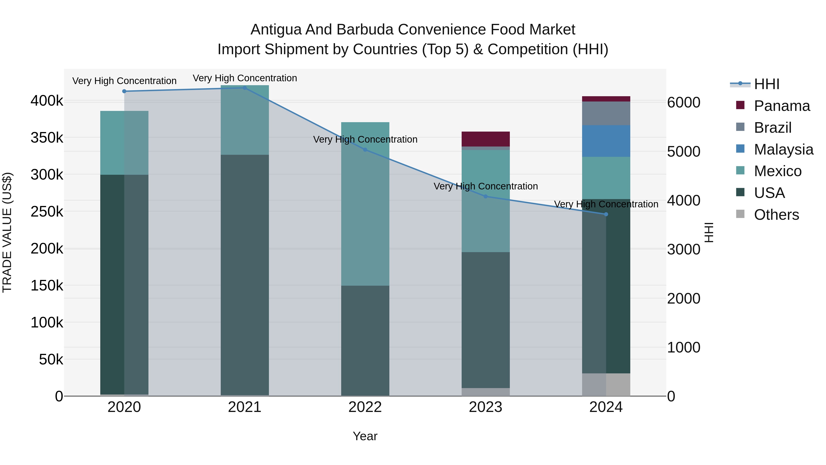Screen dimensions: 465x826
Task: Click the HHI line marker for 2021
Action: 245,88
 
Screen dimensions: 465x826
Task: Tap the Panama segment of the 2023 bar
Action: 486,139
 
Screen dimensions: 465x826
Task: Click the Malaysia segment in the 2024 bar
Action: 606,141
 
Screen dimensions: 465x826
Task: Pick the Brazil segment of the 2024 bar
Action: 606,113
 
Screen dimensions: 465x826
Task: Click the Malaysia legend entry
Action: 783,149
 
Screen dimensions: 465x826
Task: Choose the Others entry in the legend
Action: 776,215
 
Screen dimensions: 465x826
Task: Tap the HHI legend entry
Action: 766,84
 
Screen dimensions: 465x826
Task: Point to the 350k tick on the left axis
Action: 47,138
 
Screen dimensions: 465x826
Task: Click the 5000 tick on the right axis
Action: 684,152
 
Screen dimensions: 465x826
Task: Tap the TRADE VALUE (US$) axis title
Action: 7,232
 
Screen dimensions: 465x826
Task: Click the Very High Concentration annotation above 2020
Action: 124,81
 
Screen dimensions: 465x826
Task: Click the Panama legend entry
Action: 782,106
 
